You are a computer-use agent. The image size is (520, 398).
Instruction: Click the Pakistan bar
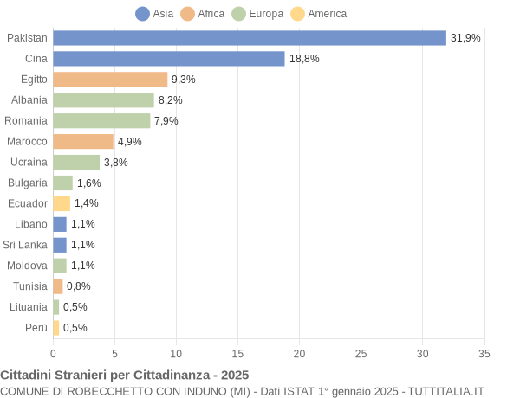coord(250,38)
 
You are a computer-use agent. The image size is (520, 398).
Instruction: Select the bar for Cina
coord(169,59)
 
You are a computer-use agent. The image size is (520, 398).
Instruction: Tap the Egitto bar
coord(110,80)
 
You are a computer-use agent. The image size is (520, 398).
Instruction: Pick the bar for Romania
coord(101,120)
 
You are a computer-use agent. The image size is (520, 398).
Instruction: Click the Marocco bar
coord(83,141)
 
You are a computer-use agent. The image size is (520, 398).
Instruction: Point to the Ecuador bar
coord(62,203)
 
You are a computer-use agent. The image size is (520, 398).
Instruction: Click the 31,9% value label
coord(465,38)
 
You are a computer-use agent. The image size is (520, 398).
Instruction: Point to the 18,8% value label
coord(304,59)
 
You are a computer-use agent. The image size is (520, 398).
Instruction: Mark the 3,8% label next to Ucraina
coord(116,162)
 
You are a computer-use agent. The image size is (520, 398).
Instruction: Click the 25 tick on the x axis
coord(361,353)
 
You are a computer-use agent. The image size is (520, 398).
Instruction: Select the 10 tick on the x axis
coord(176,353)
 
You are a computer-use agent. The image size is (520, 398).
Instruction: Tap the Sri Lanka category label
coord(25,245)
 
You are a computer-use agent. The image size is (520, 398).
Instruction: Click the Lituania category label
coord(28,306)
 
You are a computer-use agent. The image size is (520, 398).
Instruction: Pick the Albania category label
coord(29,99)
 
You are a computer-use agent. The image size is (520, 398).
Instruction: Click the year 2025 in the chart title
coord(234,375)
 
